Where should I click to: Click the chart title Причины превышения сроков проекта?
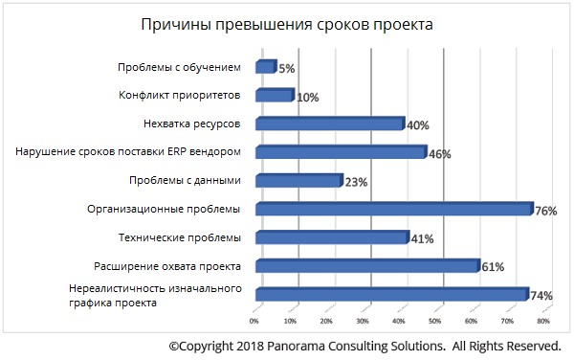(x=285, y=24)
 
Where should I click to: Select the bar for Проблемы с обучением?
(x=265, y=67)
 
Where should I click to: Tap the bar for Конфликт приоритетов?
(x=274, y=95)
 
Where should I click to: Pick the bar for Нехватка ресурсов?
(x=329, y=124)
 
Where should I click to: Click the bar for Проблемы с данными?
(x=298, y=180)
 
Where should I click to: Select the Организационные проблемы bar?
(x=392, y=209)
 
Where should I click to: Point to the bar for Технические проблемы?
(x=331, y=237)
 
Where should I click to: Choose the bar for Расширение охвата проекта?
(x=366, y=265)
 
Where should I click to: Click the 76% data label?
(x=546, y=212)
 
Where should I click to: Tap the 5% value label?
(x=286, y=69)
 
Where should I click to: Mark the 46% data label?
(x=439, y=154)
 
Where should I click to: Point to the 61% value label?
(x=492, y=267)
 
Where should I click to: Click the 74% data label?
(x=541, y=296)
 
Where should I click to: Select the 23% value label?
(x=355, y=183)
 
